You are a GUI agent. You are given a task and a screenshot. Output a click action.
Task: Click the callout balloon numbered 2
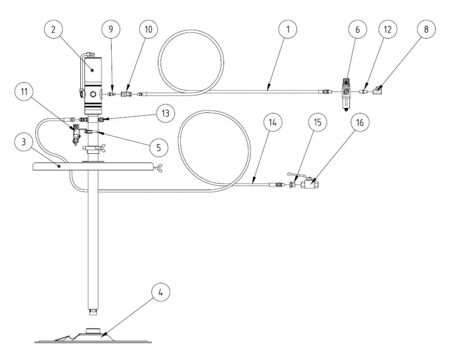tap(53, 29)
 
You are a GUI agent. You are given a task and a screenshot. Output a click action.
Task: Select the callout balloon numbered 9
tap(111, 29)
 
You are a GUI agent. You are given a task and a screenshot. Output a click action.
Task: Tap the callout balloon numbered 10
tap(148, 29)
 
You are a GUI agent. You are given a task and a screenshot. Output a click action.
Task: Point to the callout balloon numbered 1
tap(288, 29)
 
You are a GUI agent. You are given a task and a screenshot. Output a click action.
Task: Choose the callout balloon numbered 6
tap(358, 29)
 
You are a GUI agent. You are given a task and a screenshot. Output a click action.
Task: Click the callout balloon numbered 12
tap(387, 29)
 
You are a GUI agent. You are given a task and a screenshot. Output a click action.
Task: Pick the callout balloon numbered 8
tap(426, 29)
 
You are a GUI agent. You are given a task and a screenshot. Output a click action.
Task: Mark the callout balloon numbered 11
tap(24, 92)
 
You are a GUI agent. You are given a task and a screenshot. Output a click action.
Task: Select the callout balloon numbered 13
tap(166, 113)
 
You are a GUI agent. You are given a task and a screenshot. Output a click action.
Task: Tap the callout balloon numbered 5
tap(158, 148)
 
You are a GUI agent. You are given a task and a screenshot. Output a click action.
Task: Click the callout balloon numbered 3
tap(24, 142)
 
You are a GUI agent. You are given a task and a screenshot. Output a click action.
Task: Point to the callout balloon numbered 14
tap(273, 122)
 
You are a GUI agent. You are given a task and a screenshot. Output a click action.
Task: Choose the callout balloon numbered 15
tap(318, 122)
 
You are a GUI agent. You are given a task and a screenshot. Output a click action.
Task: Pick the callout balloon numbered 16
tap(360, 122)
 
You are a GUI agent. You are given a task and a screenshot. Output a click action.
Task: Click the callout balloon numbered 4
tap(161, 293)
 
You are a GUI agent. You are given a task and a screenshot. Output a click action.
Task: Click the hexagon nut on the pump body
tap(92, 94)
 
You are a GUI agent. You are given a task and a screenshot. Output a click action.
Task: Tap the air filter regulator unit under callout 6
tap(346, 94)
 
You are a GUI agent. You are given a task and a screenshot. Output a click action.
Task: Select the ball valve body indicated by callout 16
tap(310, 184)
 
